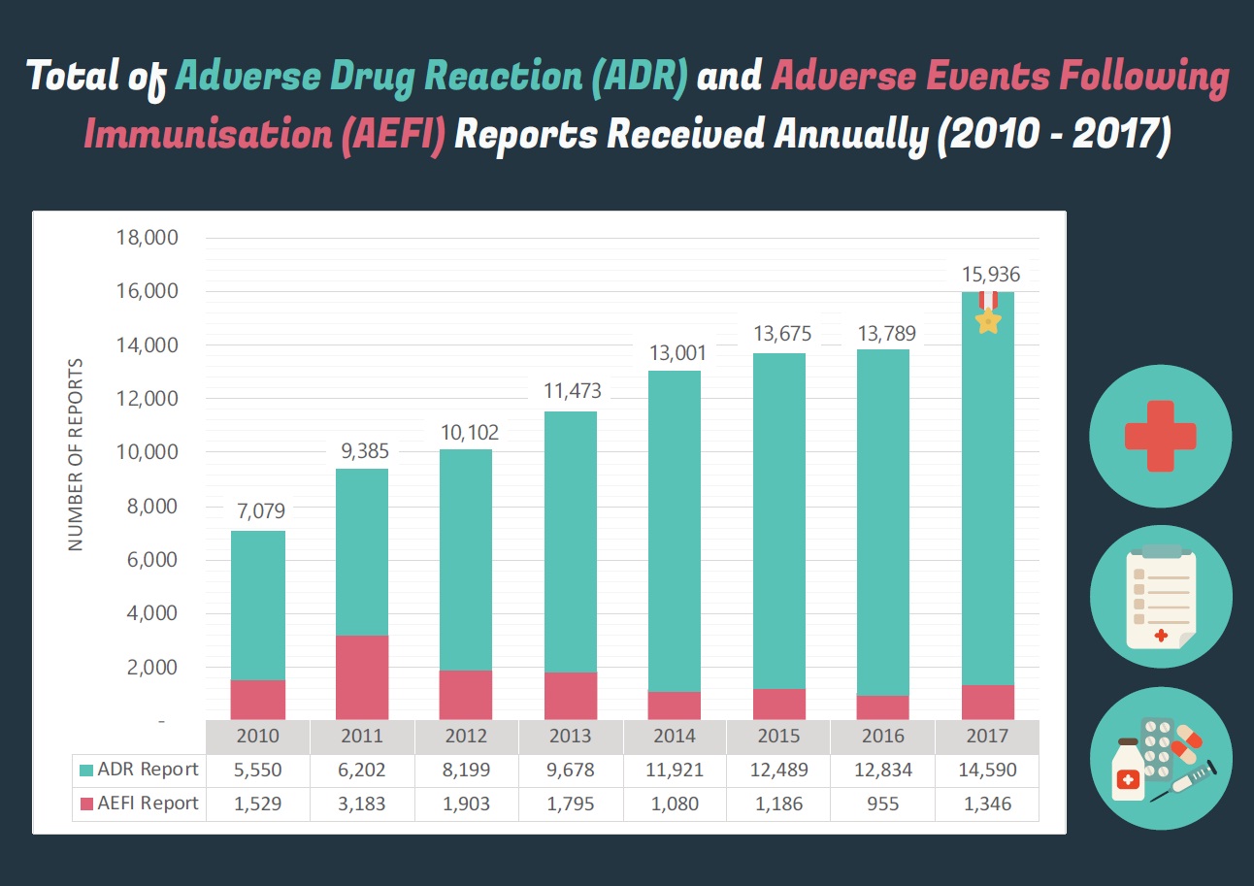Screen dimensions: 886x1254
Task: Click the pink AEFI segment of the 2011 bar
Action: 362,677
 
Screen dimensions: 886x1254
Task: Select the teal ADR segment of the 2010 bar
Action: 258,605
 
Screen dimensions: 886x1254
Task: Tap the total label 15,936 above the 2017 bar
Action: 987,275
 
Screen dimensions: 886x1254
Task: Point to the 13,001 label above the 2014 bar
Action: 674,353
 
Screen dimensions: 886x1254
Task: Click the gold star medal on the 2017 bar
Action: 987,320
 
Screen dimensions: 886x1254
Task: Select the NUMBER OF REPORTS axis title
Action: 77,454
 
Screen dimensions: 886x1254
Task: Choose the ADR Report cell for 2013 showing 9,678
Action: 570,770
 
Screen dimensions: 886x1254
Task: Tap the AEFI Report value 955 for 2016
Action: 882,804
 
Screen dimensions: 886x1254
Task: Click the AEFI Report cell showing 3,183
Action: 362,804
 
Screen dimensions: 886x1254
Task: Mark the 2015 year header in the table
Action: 778,736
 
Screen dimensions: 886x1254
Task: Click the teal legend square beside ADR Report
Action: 86,770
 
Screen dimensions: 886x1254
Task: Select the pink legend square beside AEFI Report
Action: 86,804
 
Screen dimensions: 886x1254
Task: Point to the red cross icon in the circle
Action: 1161,436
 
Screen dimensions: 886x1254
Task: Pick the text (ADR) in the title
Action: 637,76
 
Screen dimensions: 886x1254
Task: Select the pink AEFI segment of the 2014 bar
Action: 674,706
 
